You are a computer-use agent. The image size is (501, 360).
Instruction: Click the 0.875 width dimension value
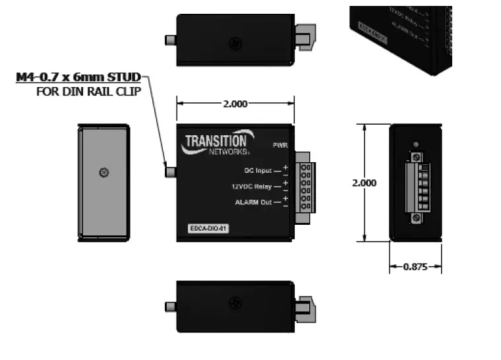[x=415, y=267]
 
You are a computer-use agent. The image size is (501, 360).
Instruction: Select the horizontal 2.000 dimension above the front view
[x=235, y=104]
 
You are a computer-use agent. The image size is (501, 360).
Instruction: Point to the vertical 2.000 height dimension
[x=365, y=183]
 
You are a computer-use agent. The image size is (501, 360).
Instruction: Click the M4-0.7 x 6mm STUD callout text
[x=78, y=77]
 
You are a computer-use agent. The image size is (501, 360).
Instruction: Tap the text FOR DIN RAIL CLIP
[x=88, y=91]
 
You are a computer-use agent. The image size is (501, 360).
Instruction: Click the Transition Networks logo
[x=216, y=143]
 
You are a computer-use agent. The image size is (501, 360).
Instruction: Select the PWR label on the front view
[x=280, y=144]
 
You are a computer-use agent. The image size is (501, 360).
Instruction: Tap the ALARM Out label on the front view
[x=253, y=202]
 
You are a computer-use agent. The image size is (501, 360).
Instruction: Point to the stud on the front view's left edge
[x=170, y=173]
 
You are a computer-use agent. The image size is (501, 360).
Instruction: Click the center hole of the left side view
[x=103, y=173]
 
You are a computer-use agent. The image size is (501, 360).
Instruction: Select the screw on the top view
[x=234, y=44]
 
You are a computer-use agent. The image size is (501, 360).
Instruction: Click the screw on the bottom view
[x=234, y=303]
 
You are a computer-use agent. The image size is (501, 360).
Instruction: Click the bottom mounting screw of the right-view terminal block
[x=415, y=218]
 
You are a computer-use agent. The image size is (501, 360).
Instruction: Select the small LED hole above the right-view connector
[x=415, y=144]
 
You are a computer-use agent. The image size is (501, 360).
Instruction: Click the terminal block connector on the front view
[x=306, y=187]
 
